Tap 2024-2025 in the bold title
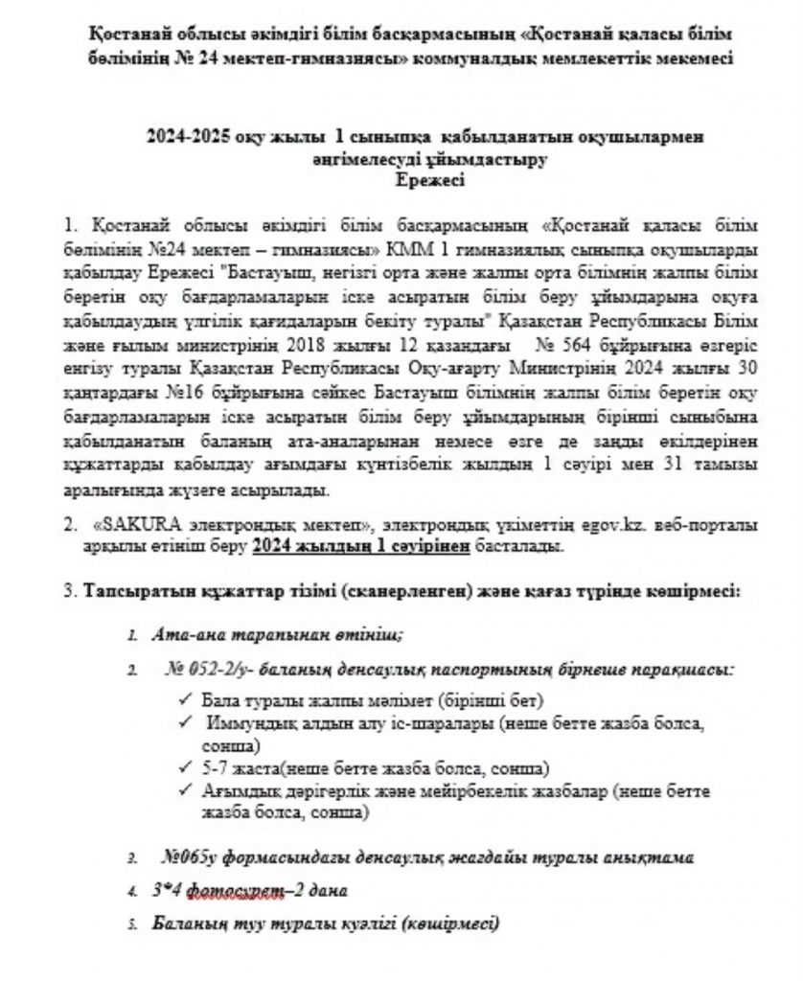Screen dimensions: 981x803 (188, 137)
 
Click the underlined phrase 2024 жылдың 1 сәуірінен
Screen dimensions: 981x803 (361, 546)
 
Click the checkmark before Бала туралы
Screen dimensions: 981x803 (184, 699)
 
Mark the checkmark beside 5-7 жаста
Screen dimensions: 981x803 (184, 768)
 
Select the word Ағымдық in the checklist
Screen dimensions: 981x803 (238, 791)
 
